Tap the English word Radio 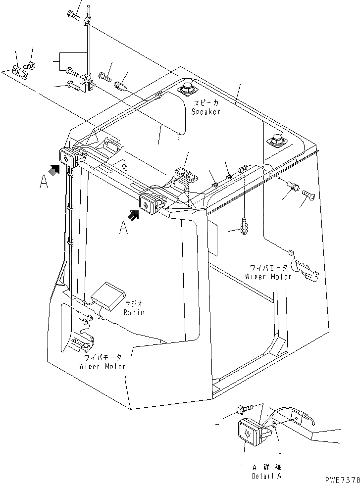[x=134, y=313]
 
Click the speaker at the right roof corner [x=276, y=141]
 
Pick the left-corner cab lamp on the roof [x=68, y=157]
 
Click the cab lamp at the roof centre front [x=149, y=203]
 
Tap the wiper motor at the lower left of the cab [x=84, y=341]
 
